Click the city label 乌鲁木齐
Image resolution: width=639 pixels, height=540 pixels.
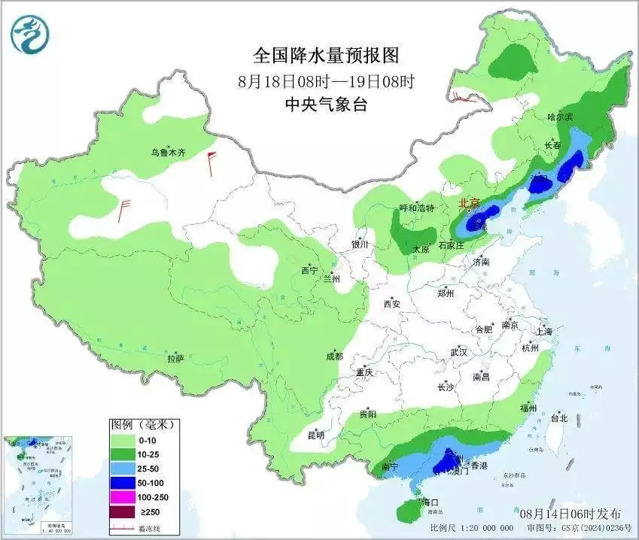point(167,152)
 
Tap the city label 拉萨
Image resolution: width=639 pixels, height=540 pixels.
point(175,359)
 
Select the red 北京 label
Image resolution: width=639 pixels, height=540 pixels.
point(470,204)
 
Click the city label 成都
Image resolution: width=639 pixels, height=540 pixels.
point(334,356)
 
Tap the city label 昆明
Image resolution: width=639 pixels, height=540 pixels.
point(315,435)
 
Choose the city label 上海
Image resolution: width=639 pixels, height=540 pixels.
point(544,332)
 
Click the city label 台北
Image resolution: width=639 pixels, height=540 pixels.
point(558,417)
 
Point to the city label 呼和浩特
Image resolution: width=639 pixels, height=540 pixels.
point(416,208)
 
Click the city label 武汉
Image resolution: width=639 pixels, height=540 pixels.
point(458,352)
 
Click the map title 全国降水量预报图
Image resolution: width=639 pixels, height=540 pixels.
point(325,55)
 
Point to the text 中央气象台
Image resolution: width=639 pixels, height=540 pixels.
point(326,105)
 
